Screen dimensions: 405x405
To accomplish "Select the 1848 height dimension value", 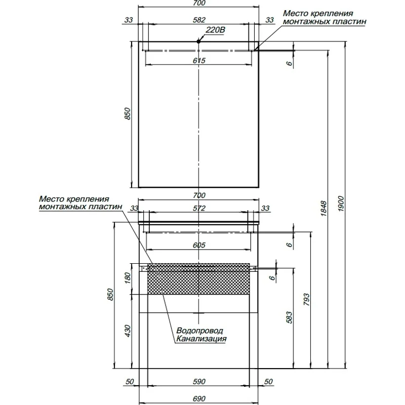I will tap(325, 209).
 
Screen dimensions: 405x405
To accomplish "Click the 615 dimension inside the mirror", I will tap(198, 60).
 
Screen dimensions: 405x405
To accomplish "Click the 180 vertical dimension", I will tap(128, 278).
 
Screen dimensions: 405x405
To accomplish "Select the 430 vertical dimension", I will tap(128, 331).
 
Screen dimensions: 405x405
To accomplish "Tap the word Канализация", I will tap(201, 339).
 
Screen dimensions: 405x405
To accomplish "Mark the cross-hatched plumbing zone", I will tap(198, 278).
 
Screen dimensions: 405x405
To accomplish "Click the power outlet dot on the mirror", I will tap(199, 42).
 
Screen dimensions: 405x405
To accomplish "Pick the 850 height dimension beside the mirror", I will tap(128, 114).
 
